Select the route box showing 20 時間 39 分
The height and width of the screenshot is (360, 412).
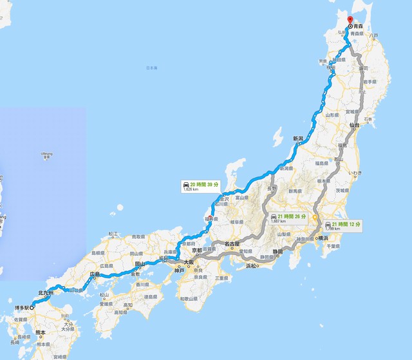pyautogui.click(x=201, y=187)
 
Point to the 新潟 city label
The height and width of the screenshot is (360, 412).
pyautogui.click(x=297, y=138)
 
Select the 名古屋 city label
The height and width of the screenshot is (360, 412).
pyautogui.click(x=232, y=244)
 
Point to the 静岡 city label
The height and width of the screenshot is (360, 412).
pyautogui.click(x=277, y=251)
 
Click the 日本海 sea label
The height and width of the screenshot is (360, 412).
pyautogui.click(x=151, y=68)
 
